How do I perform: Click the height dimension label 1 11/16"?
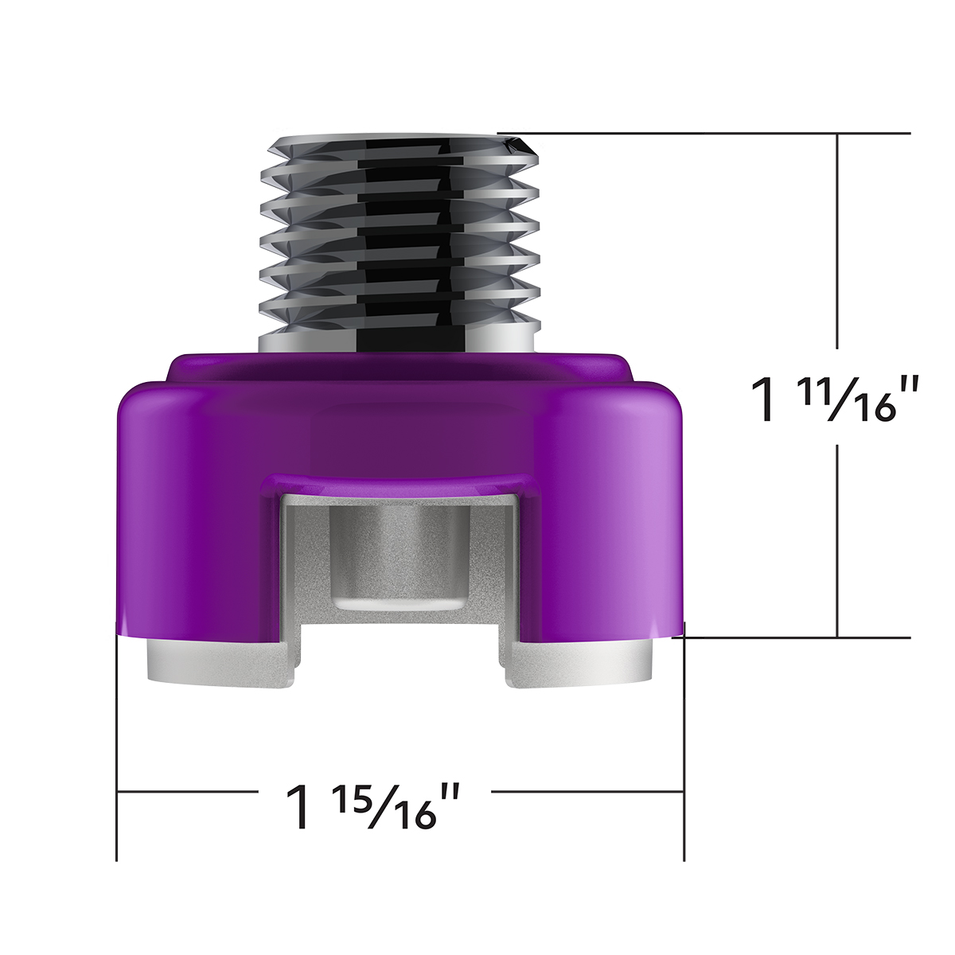pos(836,399)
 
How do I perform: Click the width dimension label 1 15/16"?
pos(374,805)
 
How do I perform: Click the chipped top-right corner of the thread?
pos(521,146)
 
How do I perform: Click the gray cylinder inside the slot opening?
pos(398,557)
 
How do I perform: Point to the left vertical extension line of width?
pos(117,748)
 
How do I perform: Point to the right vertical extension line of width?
pos(684,748)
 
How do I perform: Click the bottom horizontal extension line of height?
pos(796,637)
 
